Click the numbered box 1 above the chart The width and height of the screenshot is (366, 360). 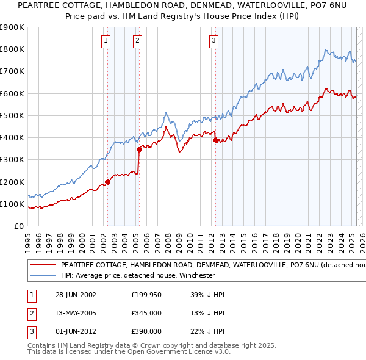pos(106,41)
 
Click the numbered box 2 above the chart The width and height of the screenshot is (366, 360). pos(137,41)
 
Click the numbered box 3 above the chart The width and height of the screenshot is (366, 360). pos(214,41)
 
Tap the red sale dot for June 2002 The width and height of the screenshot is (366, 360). pos(108,181)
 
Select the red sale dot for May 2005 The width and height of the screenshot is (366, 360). pos(139,149)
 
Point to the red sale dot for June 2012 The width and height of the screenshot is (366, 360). pos(215,140)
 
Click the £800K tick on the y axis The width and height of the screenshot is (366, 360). pos(12,49)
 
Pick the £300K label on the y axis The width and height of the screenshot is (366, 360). pos(12,160)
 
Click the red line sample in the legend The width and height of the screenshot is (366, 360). pos(43,265)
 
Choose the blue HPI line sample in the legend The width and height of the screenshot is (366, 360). pos(43,275)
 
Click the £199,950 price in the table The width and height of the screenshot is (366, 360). pos(146,295)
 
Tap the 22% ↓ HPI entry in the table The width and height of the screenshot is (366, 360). pos(207,331)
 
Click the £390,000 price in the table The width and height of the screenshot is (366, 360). pos(146,331)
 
